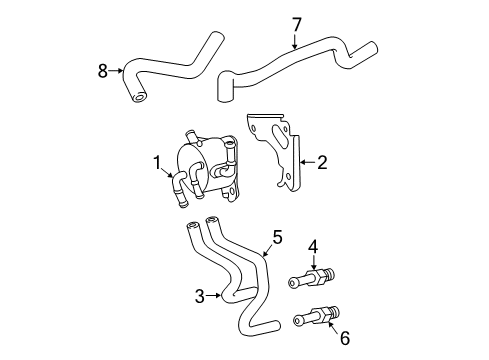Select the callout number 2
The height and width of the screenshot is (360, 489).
pos(322,160)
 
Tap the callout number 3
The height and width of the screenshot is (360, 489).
pos(200,296)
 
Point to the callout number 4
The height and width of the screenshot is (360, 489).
pos(312,246)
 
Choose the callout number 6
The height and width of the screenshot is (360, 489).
pos(345,338)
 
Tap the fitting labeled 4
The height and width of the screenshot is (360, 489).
pos(310,280)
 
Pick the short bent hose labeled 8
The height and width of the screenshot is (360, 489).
pos(170,70)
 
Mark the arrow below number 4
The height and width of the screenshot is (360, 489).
pos(312,265)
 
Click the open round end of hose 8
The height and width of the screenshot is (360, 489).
pos(137,95)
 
